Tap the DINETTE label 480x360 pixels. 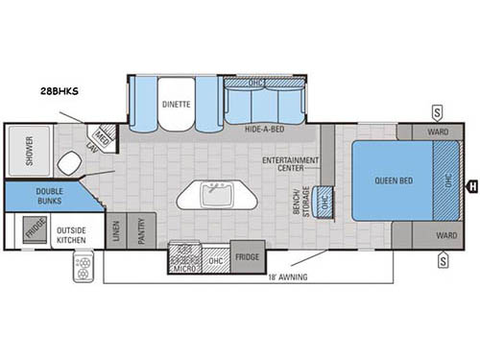pos(175,104)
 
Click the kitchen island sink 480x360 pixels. pos(218,194)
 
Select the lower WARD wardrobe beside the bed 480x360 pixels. pos(444,234)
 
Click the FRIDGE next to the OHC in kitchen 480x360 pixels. pos(247,256)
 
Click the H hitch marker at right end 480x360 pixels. pos(470,184)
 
